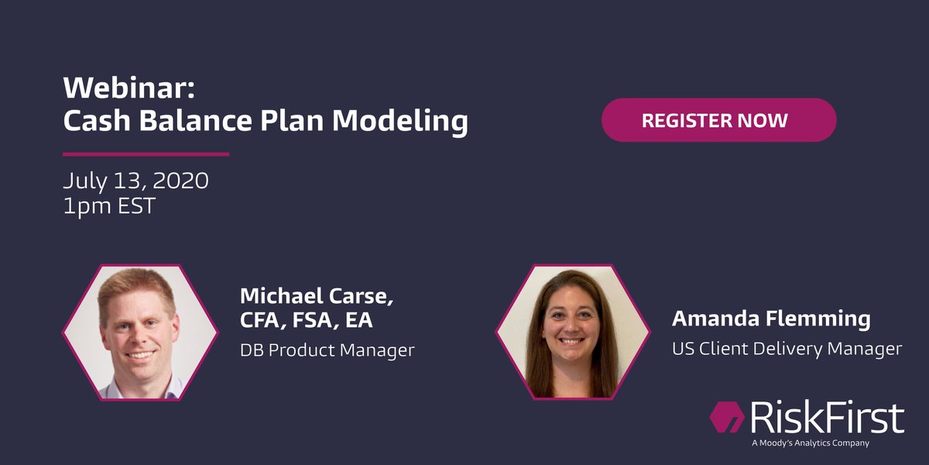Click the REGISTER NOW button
point(718,120)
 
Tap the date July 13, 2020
point(135,181)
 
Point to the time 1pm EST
point(109,208)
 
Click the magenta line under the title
point(146,153)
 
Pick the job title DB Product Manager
point(327,350)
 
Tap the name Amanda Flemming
point(771,319)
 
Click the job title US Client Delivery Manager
point(787,349)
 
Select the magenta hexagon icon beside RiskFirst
point(726,418)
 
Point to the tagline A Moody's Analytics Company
point(810,443)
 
